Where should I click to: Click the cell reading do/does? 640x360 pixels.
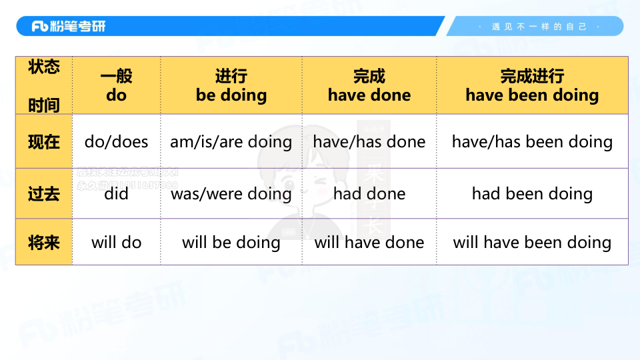[x=116, y=142]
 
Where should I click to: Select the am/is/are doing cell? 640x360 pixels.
[x=231, y=142]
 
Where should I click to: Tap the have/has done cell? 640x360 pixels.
[x=369, y=142]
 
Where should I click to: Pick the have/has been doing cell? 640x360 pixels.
[x=532, y=142]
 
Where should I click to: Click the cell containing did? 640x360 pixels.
[x=116, y=194]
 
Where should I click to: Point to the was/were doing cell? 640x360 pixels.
[x=231, y=194]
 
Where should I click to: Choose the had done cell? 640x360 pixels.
[x=369, y=194]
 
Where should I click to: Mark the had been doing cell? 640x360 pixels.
[x=532, y=194]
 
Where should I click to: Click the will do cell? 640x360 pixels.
[x=116, y=242]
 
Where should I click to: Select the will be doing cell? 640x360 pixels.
[x=231, y=242]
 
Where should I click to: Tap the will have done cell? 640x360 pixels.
[x=369, y=242]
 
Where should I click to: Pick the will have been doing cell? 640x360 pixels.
[x=532, y=242]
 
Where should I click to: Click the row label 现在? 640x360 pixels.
[x=44, y=142]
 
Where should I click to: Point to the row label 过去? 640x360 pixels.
[x=44, y=194]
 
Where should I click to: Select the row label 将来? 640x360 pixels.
[x=44, y=242]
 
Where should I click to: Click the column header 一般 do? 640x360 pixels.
[x=116, y=86]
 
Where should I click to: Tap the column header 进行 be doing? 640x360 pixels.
[x=231, y=86]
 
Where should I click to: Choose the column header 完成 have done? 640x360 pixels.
[x=369, y=86]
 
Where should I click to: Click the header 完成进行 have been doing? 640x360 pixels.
[x=532, y=86]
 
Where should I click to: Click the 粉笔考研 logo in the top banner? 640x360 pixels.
[x=69, y=27]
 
